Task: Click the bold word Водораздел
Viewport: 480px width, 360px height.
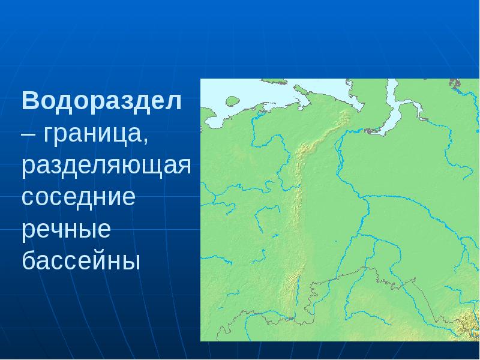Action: pos(101,100)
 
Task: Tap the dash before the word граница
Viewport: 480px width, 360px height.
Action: pos(28,134)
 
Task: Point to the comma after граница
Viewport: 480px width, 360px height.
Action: pos(145,139)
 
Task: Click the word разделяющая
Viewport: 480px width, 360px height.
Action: pos(106,166)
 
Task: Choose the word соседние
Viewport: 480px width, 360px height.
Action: pos(79,198)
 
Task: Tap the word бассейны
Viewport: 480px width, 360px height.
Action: pos(81,262)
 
